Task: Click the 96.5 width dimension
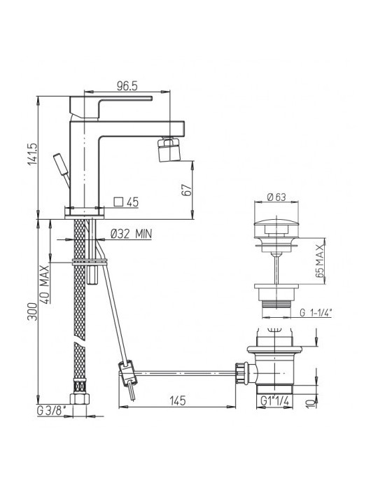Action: click(x=127, y=85)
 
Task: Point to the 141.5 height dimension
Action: click(x=32, y=154)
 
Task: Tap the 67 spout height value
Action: click(x=186, y=190)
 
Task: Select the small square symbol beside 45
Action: click(x=118, y=202)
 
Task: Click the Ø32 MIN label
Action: click(x=131, y=233)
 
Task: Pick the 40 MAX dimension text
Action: click(x=45, y=284)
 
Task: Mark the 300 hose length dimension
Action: click(x=32, y=311)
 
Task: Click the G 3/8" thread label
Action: click(x=51, y=411)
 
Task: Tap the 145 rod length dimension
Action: click(x=177, y=400)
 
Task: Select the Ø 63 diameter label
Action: click(x=276, y=197)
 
